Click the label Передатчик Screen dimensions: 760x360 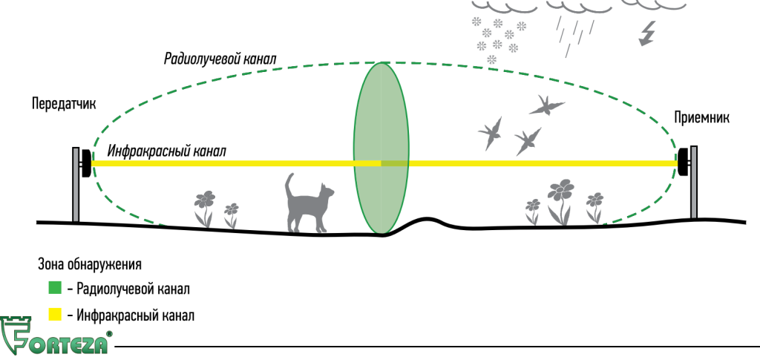[x=64, y=104]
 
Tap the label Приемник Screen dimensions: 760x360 [x=701, y=118]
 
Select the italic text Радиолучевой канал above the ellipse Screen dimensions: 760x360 [x=220, y=59]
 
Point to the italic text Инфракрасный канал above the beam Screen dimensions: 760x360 [x=167, y=151]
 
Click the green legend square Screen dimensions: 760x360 [x=55, y=288]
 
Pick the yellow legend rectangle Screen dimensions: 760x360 [x=55, y=315]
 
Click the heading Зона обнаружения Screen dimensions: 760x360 [x=90, y=265]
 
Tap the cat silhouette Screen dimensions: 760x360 [x=308, y=203]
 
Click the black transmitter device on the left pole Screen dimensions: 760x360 [x=86, y=163]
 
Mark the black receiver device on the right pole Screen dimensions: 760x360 [x=684, y=163]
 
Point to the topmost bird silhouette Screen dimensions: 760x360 [x=546, y=105]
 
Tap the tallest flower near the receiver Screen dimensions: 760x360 [x=561, y=202]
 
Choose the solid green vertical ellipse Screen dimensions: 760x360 [x=381, y=148]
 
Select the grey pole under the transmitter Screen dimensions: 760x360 [x=76, y=185]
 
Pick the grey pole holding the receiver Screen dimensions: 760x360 [x=694, y=182]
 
